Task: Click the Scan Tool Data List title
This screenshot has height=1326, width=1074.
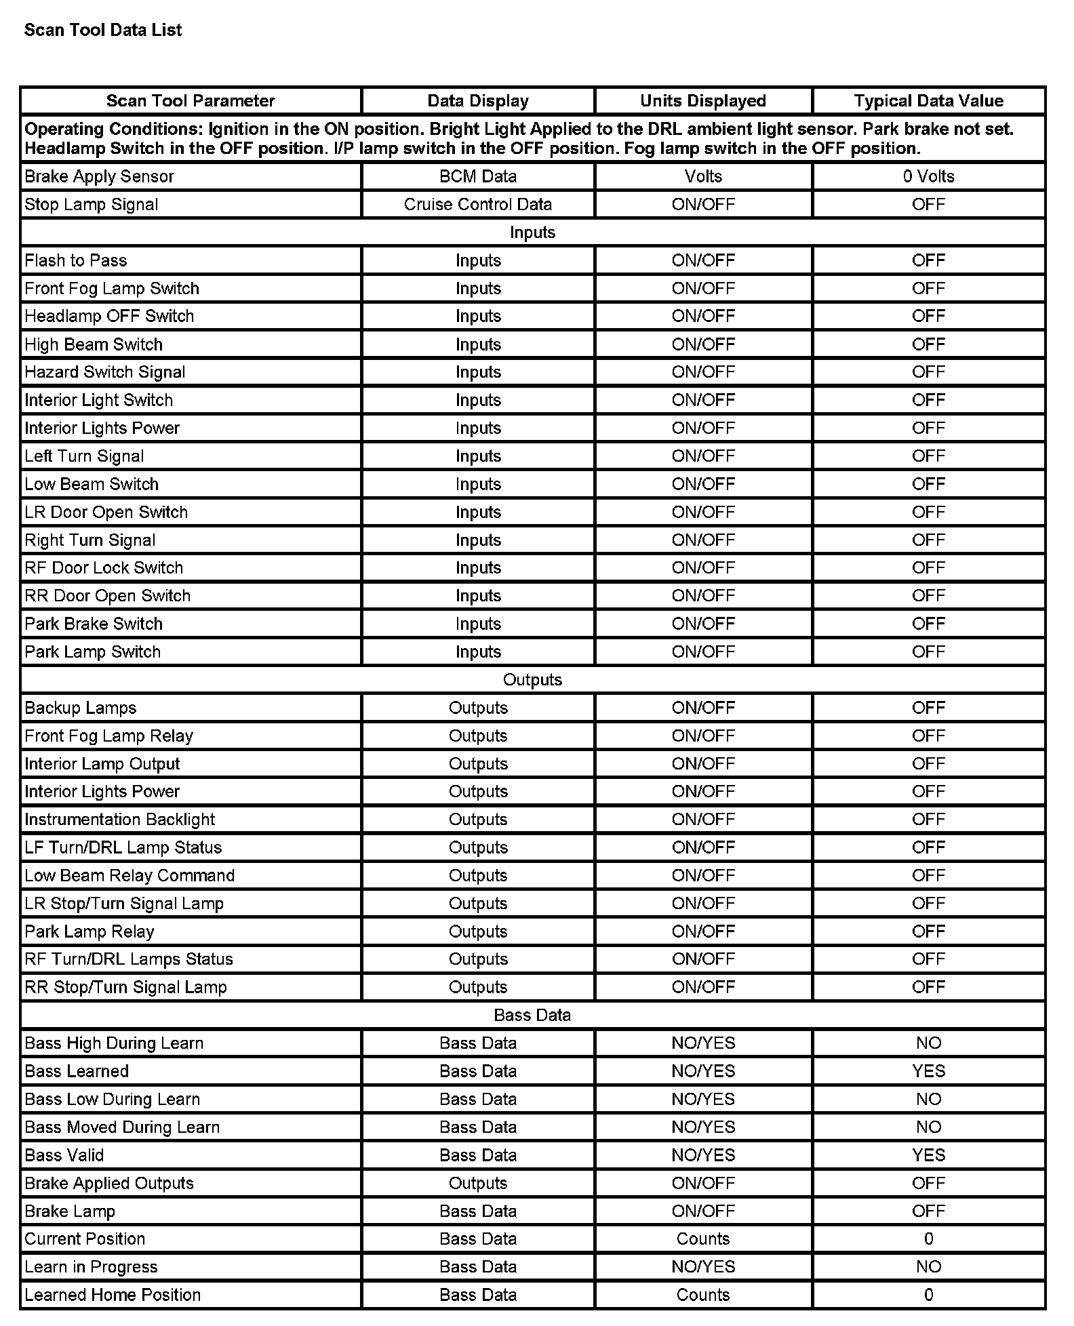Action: [x=103, y=30]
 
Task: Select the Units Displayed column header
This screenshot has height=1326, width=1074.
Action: [x=703, y=101]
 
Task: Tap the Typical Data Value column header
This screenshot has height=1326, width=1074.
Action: [x=928, y=101]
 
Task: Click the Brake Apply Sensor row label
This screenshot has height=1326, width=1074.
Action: [x=100, y=176]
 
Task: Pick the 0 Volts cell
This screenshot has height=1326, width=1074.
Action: [x=928, y=176]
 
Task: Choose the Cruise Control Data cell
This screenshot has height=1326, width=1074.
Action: [x=478, y=204]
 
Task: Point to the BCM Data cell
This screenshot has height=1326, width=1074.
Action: [x=478, y=176]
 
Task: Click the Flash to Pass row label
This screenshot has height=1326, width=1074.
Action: [x=76, y=260]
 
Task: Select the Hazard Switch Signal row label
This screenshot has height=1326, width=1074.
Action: [x=105, y=372]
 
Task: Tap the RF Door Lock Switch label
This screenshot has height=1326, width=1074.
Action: [x=104, y=567]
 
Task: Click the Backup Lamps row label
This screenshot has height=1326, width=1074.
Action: [x=81, y=708]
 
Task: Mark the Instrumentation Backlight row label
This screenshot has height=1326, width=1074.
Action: [x=120, y=820]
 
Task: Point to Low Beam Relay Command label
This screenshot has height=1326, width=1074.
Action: [x=130, y=875]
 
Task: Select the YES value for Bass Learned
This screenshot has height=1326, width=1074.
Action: [x=928, y=1071]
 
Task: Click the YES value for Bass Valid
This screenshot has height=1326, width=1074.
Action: [x=928, y=1155]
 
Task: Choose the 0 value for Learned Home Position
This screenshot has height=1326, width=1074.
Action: [x=928, y=1295]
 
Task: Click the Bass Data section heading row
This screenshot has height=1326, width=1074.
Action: [x=532, y=1015]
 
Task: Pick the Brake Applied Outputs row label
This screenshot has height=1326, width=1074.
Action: [x=109, y=1183]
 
